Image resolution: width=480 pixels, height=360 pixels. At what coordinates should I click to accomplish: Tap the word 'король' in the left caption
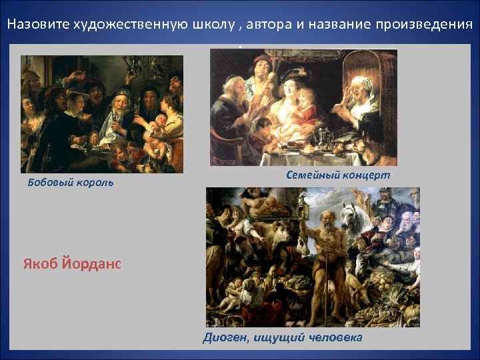pos(97,183)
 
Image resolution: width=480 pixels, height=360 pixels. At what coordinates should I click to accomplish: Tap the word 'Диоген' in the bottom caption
pos(224,338)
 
